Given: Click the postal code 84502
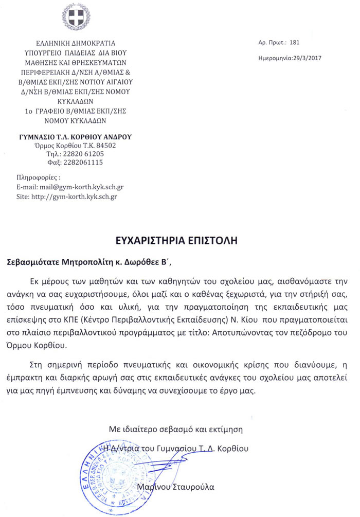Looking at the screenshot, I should click(105, 146).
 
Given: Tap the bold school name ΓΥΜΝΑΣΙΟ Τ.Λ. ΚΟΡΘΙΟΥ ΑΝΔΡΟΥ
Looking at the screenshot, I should click(72, 137).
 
